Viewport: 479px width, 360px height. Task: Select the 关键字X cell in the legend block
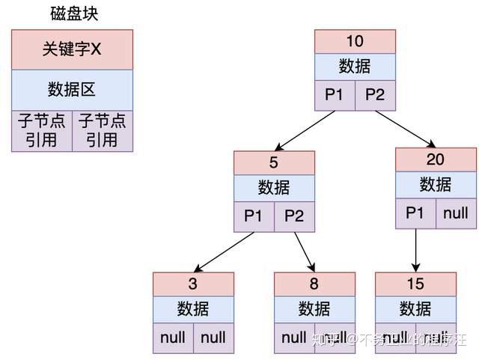click(72, 50)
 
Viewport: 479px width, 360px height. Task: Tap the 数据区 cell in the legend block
click(72, 90)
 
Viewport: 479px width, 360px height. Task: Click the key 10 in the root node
click(355, 41)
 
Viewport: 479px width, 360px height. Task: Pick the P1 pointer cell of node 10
click(335, 95)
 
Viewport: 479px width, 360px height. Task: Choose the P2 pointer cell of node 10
click(375, 95)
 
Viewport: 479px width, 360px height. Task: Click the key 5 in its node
click(274, 162)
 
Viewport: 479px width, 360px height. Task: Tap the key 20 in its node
click(436, 159)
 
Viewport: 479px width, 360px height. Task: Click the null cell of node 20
click(456, 213)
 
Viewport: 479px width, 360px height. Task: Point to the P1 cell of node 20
click(415, 213)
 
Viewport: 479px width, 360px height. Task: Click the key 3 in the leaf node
click(193, 284)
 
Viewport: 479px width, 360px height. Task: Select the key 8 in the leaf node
click(314, 284)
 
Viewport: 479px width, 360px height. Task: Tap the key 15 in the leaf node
click(415, 284)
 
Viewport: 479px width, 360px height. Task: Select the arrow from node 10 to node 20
click(404, 129)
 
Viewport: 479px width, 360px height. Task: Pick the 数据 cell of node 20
click(436, 185)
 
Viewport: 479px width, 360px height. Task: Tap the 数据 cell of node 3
click(193, 309)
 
